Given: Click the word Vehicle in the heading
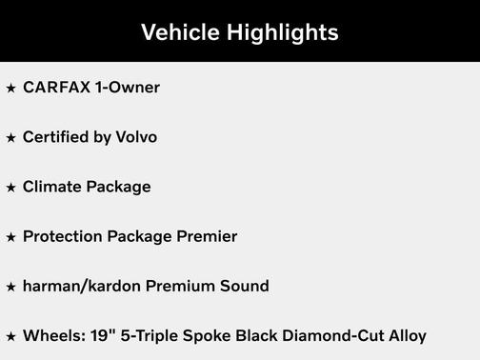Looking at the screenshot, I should [179, 32].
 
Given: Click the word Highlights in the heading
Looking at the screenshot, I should [281, 32].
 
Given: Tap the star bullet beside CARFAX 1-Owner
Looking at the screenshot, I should [10, 88].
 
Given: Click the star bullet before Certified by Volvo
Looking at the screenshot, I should [10, 137].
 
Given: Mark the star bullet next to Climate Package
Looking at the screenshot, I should [10, 187].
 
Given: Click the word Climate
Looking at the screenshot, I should [51, 187].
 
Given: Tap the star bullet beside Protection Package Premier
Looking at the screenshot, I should [10, 236].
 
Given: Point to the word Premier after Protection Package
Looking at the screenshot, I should [207, 236].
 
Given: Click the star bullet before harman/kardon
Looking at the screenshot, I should [10, 286].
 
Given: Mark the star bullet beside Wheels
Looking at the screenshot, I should [10, 335].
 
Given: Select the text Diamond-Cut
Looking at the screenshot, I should [327, 335].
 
